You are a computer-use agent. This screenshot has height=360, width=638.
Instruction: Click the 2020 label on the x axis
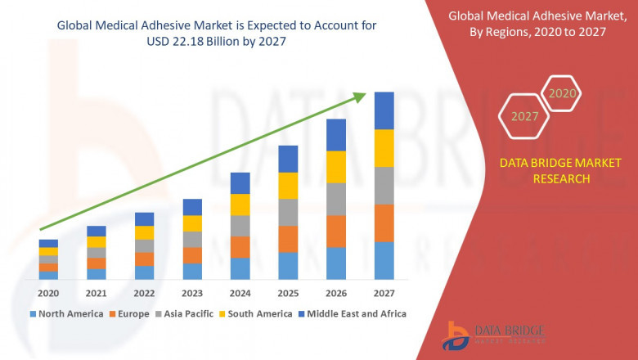click(48, 294)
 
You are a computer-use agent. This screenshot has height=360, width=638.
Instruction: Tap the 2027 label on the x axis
click(384, 294)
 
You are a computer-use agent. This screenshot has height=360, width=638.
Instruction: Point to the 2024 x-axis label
click(240, 294)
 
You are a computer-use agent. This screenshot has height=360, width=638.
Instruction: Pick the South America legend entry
click(259, 313)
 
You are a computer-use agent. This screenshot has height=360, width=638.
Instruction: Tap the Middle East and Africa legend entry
click(357, 313)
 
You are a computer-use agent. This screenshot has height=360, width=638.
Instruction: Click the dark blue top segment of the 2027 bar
click(384, 110)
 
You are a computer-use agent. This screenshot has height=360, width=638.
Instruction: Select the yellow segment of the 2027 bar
click(384, 148)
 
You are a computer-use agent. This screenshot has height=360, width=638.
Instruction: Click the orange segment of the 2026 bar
click(336, 232)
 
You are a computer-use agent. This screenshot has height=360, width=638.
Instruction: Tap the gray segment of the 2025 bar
click(288, 212)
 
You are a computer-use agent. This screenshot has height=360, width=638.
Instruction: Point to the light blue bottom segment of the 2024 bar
click(240, 268)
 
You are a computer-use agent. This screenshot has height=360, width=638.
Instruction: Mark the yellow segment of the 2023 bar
click(192, 223)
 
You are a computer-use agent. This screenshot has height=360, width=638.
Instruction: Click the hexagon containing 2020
click(562, 93)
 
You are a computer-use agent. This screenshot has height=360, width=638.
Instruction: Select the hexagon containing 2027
click(525, 116)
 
